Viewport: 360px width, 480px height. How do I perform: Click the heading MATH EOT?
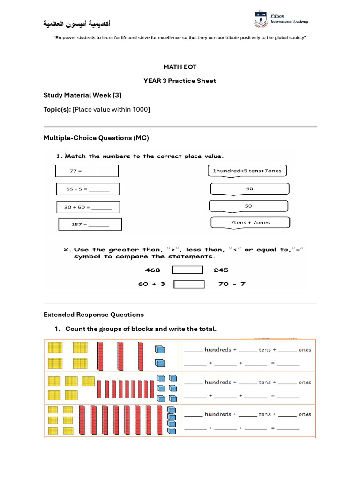tap(180, 67)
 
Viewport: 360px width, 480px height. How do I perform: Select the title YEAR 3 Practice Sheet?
tap(180, 81)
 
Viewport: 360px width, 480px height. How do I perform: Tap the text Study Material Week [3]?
tap(82, 95)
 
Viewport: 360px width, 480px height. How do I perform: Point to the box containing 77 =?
tap(87, 171)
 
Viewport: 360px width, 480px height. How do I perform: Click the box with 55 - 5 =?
tap(88, 189)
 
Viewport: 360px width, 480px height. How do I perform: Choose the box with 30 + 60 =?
tap(88, 207)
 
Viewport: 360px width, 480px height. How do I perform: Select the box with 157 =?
tap(90, 225)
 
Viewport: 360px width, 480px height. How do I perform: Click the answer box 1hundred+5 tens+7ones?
tap(247, 171)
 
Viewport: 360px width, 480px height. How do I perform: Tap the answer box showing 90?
tap(249, 188)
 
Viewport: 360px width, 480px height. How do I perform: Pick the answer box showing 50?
tap(248, 206)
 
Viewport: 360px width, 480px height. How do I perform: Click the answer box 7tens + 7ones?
tap(250, 222)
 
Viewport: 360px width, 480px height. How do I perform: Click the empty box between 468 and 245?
tap(187, 270)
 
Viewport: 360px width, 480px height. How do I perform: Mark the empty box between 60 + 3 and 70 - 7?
tap(189, 284)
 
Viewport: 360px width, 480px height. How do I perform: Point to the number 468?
tap(152, 270)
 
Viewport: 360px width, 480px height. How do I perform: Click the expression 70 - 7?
tap(232, 284)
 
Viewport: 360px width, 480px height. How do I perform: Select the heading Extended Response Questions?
tap(94, 315)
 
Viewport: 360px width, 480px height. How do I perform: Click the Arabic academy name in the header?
tap(77, 23)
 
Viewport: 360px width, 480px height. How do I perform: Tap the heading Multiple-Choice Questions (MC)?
tap(96, 138)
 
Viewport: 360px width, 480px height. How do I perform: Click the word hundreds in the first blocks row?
tap(217, 350)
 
